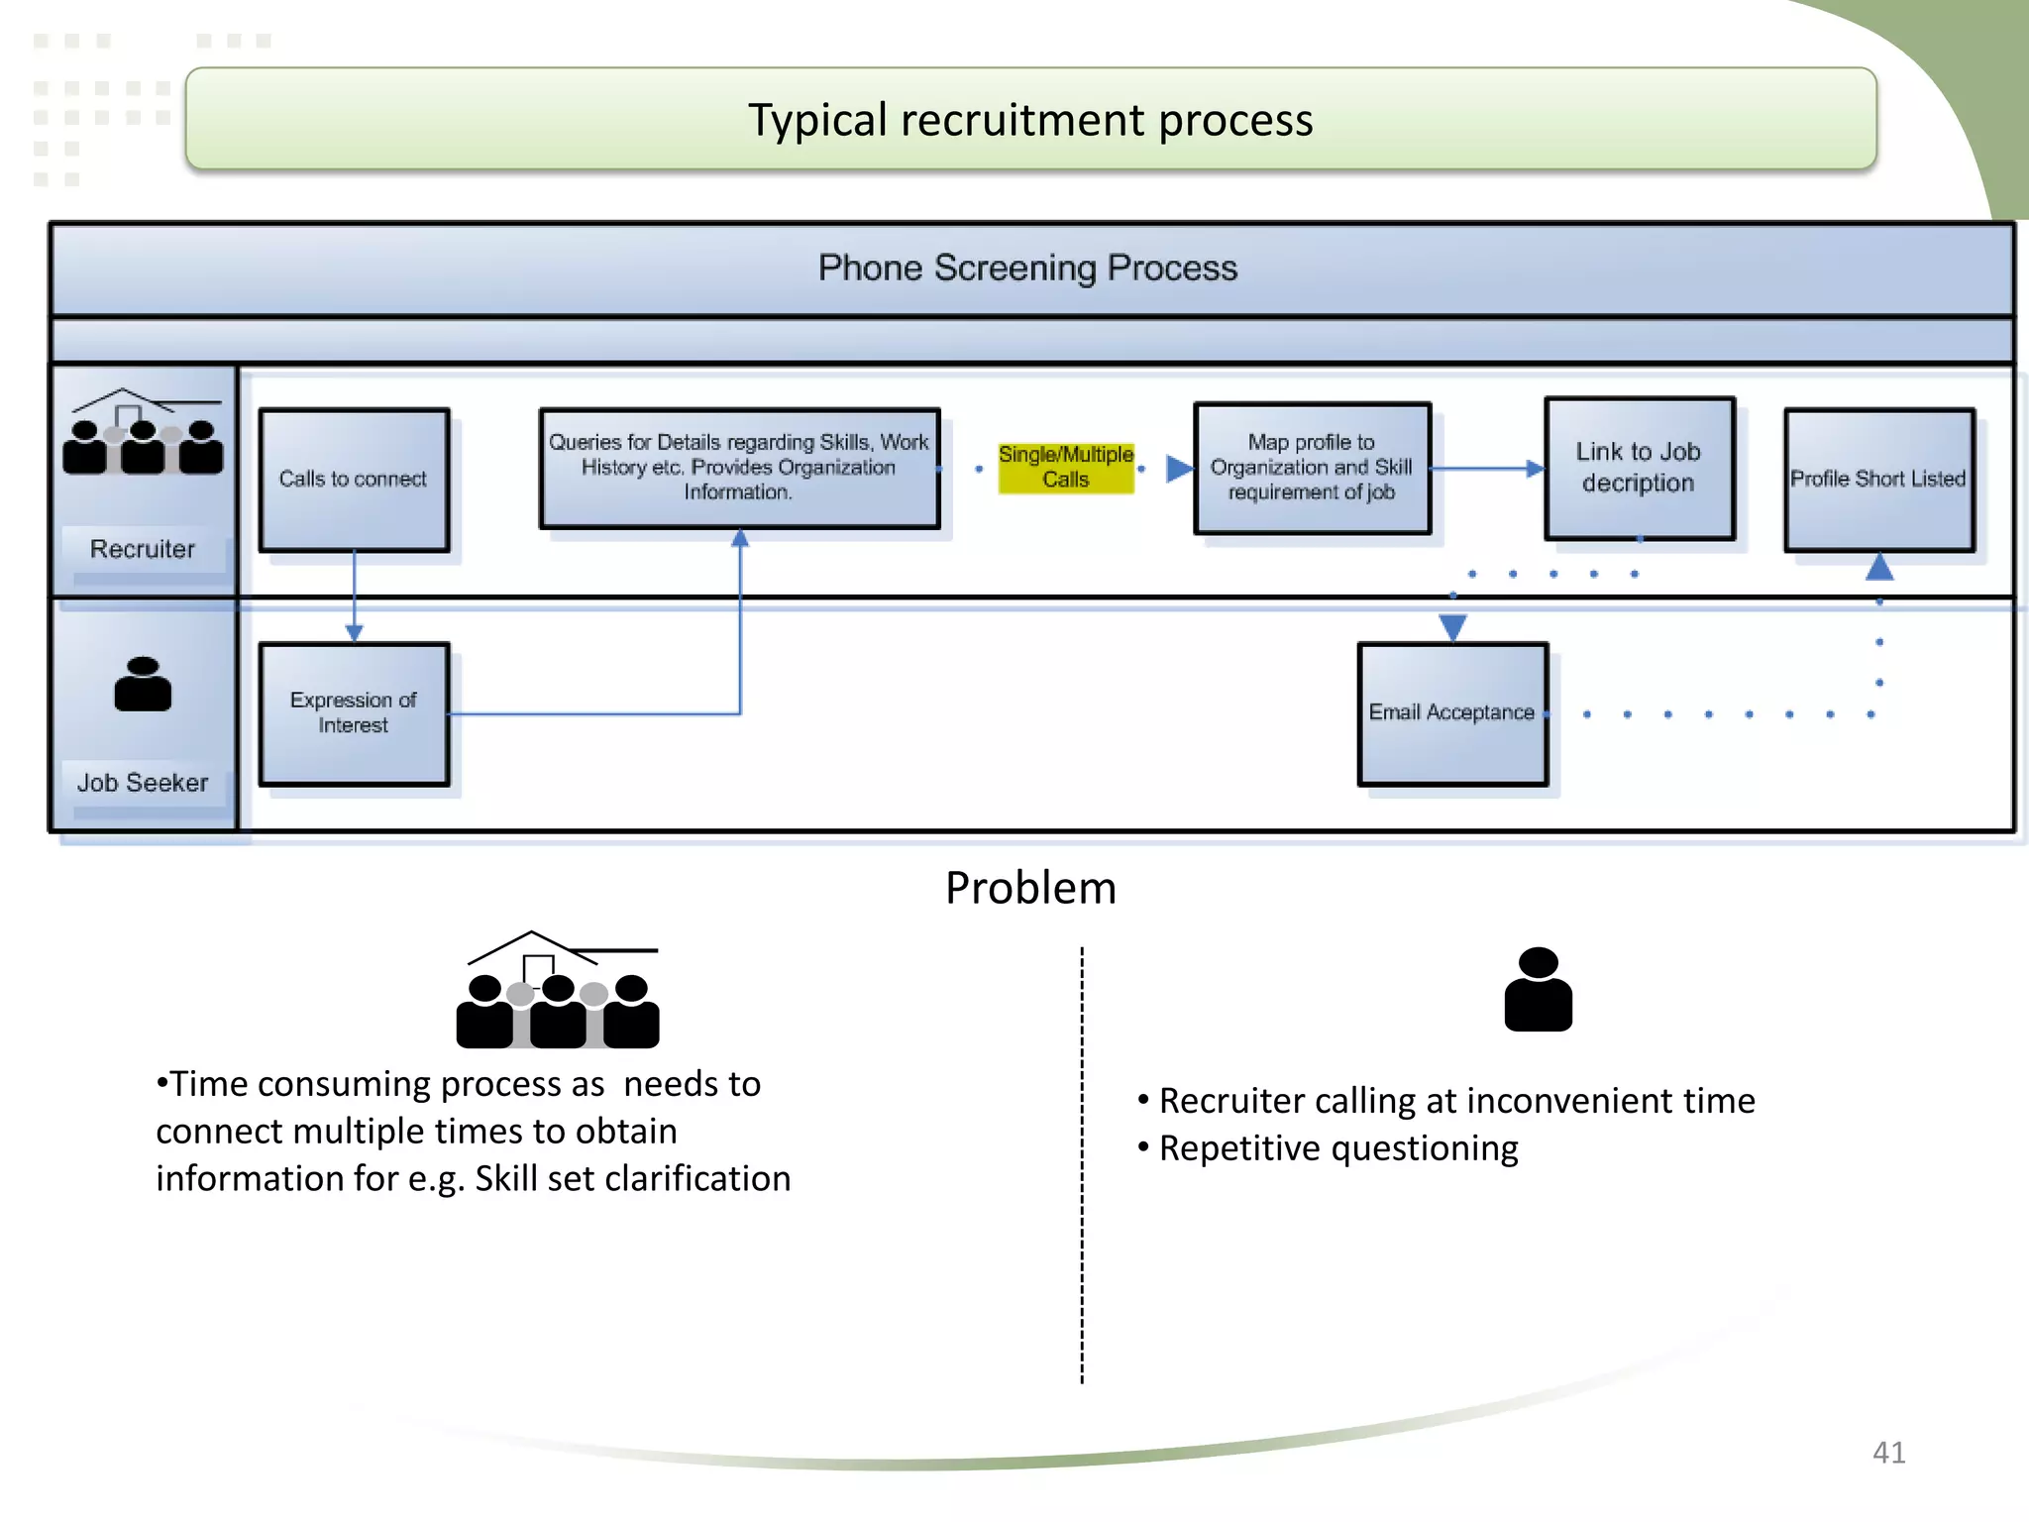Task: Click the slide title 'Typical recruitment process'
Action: [1030, 120]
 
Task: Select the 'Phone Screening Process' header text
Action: [1027, 268]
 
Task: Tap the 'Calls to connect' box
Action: [354, 480]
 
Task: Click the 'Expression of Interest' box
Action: [354, 713]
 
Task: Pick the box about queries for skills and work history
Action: [739, 468]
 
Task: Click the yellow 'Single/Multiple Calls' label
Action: [1065, 467]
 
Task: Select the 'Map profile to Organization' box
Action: [1312, 468]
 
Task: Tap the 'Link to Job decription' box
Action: [1639, 468]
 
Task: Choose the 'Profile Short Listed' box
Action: [1878, 480]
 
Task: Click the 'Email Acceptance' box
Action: [1452, 713]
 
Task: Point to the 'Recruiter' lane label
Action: [143, 549]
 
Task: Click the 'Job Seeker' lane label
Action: [143, 783]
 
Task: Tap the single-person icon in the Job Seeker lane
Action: [143, 684]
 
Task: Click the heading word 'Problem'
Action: [1030, 888]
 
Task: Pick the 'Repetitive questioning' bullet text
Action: [1337, 1148]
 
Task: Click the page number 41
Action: [1888, 1453]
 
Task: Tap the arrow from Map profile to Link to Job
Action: [1486, 469]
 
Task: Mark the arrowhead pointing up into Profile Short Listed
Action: [1879, 568]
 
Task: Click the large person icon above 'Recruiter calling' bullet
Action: [1538, 990]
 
